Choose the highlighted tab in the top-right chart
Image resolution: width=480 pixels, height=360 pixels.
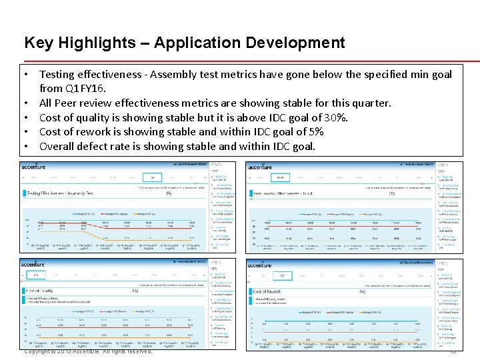click(280, 178)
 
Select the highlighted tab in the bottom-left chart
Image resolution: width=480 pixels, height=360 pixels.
click(36, 275)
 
